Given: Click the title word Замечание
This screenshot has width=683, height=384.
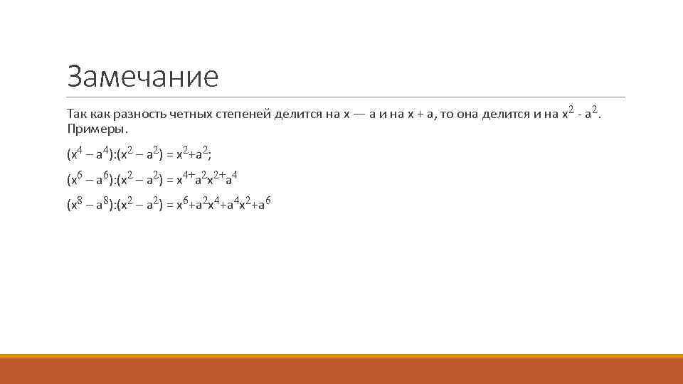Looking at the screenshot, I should click(x=142, y=76).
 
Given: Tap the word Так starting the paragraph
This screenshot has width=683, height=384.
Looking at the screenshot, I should click(x=76, y=114).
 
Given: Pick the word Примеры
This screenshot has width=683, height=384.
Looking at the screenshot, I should click(x=97, y=129).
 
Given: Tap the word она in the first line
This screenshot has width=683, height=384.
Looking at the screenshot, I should click(x=467, y=114).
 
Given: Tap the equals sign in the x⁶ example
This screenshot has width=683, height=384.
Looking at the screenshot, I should click(x=169, y=179).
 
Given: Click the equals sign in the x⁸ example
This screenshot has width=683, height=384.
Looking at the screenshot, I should click(x=169, y=205).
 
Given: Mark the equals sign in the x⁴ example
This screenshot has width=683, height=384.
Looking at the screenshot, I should click(x=169, y=154).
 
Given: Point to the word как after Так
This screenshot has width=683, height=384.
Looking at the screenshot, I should click(x=99, y=114).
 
